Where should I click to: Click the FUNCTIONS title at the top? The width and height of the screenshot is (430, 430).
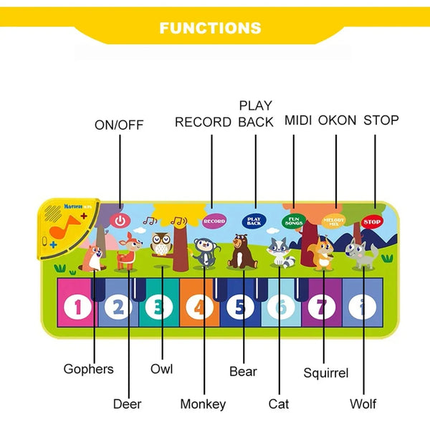click(210, 28)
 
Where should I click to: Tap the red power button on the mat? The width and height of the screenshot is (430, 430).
click(120, 221)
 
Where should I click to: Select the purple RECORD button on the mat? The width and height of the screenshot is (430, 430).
click(214, 221)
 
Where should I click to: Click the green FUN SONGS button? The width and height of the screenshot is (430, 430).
click(292, 221)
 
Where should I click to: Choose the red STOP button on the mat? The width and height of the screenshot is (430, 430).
click(372, 221)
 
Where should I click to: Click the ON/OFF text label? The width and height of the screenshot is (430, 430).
click(119, 125)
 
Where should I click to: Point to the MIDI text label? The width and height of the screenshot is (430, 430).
click(297, 120)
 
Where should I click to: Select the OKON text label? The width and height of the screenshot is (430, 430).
click(337, 120)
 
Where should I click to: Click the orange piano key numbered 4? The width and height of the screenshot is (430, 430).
click(199, 307)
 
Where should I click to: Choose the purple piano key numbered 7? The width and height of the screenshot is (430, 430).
click(322, 307)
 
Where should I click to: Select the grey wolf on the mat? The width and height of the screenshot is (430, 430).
click(360, 254)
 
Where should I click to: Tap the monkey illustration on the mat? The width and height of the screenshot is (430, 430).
click(204, 252)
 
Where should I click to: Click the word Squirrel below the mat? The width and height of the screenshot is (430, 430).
click(325, 373)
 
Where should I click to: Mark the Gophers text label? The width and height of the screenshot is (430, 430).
click(88, 369)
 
